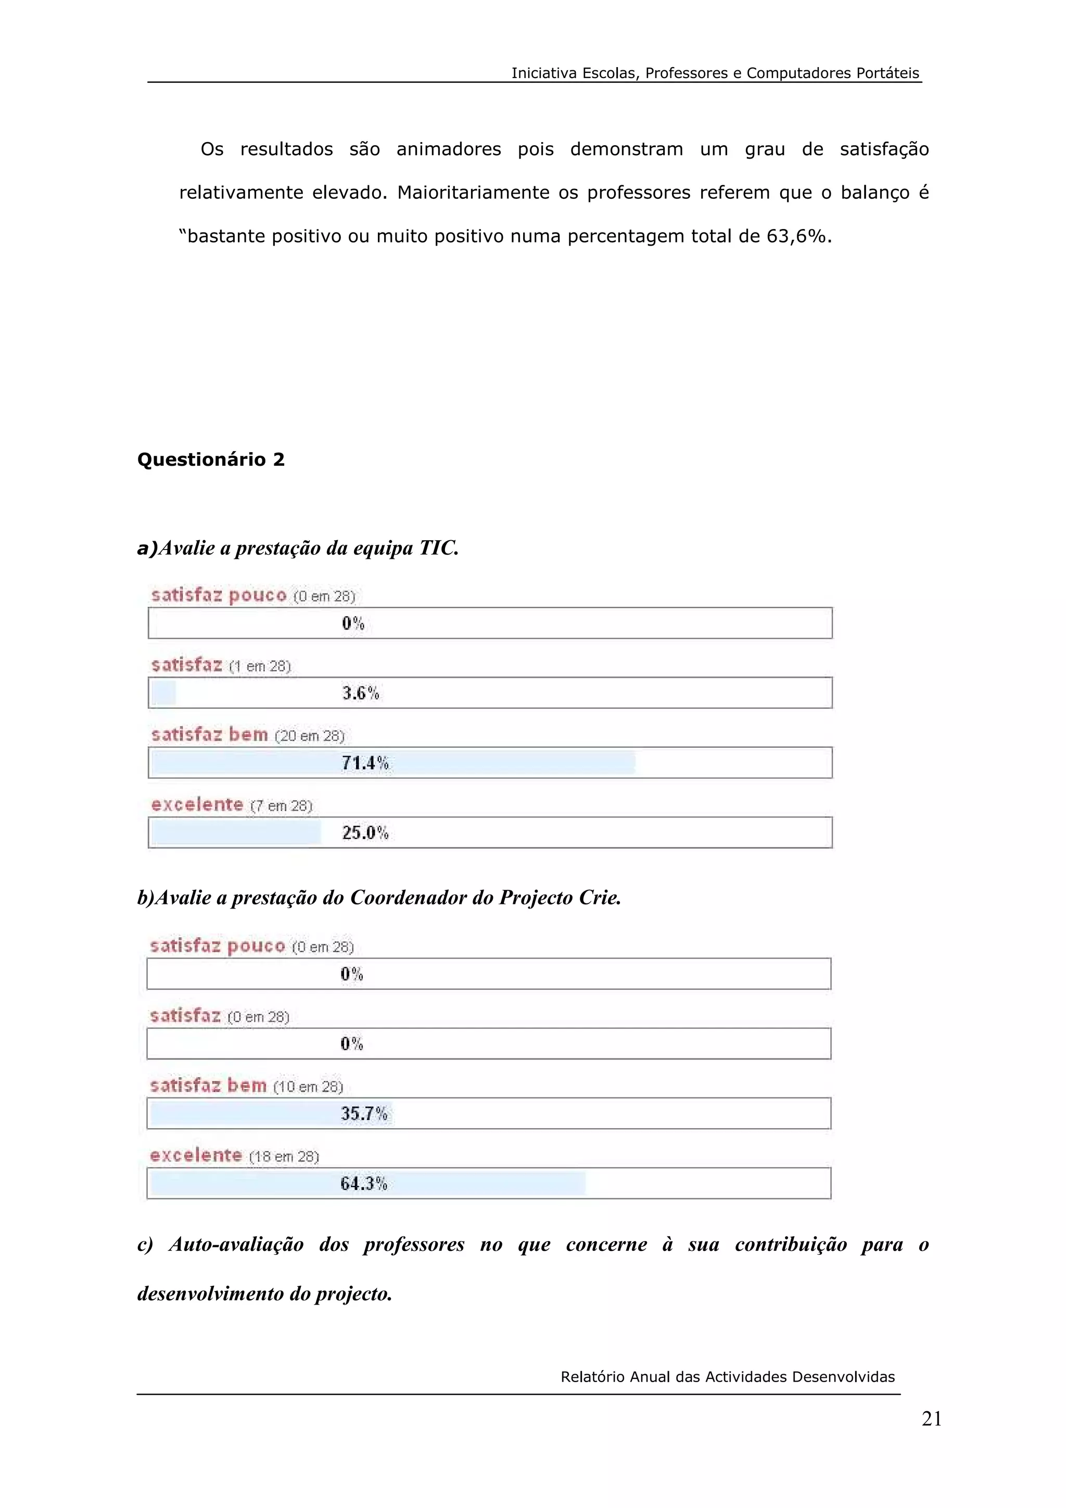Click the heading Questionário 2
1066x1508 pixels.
[x=211, y=460]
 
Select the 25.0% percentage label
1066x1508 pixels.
[x=365, y=833]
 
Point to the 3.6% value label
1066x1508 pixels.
[x=361, y=693]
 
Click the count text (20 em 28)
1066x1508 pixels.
[x=309, y=736]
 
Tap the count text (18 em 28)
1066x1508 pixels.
[x=284, y=1157]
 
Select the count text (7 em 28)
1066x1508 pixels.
[x=281, y=806]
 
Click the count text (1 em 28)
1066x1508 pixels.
[x=259, y=667]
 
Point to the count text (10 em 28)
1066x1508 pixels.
[x=308, y=1087]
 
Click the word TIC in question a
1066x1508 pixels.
[x=438, y=548]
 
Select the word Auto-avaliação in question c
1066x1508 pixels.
[x=236, y=1245]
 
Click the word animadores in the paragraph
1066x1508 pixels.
[x=449, y=150]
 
